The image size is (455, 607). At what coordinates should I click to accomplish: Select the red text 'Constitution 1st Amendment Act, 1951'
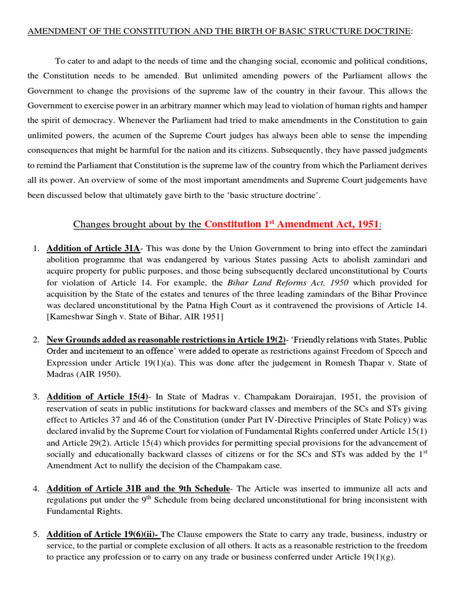tap(291, 224)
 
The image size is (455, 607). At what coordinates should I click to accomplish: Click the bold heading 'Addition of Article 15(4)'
tap(97, 396)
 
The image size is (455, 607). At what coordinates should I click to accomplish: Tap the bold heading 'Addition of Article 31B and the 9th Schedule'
tap(137, 488)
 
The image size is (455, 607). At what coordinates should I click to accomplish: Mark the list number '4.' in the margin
tap(36, 488)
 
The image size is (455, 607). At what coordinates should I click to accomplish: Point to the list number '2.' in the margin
tap(36, 340)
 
